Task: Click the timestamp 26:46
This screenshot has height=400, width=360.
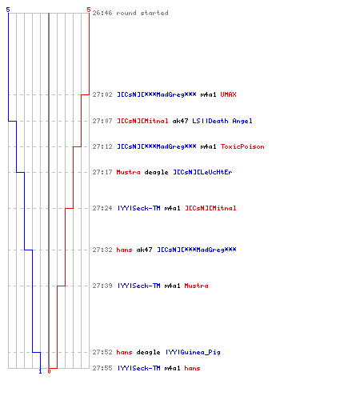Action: [102, 13]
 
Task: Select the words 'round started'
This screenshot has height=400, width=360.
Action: [142, 13]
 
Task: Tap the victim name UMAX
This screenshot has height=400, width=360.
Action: [228, 94]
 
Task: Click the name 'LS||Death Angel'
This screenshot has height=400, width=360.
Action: [222, 121]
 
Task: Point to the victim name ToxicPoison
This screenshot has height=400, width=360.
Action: [242, 146]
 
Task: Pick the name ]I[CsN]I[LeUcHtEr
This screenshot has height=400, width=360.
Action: [202, 172]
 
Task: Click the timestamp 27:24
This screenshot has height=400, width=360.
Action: [102, 208]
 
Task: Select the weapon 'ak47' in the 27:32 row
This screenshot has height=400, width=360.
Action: [144, 250]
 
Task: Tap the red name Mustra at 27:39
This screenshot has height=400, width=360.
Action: [196, 286]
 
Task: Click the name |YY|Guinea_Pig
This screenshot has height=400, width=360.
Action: [193, 352]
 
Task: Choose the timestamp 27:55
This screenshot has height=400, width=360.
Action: [102, 368]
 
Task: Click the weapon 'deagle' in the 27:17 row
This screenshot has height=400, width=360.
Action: [156, 172]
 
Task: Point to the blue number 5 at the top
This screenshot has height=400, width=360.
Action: [8, 10]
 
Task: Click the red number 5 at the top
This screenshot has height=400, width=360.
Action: [89, 10]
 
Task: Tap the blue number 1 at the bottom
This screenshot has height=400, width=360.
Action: [40, 371]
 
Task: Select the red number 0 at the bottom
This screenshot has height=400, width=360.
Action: [49, 371]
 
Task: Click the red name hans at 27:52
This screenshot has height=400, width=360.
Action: [124, 352]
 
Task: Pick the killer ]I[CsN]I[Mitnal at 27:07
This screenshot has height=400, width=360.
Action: [142, 121]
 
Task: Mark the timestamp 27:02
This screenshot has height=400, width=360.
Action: [102, 94]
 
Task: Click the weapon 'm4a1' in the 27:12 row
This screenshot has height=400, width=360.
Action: [208, 146]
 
